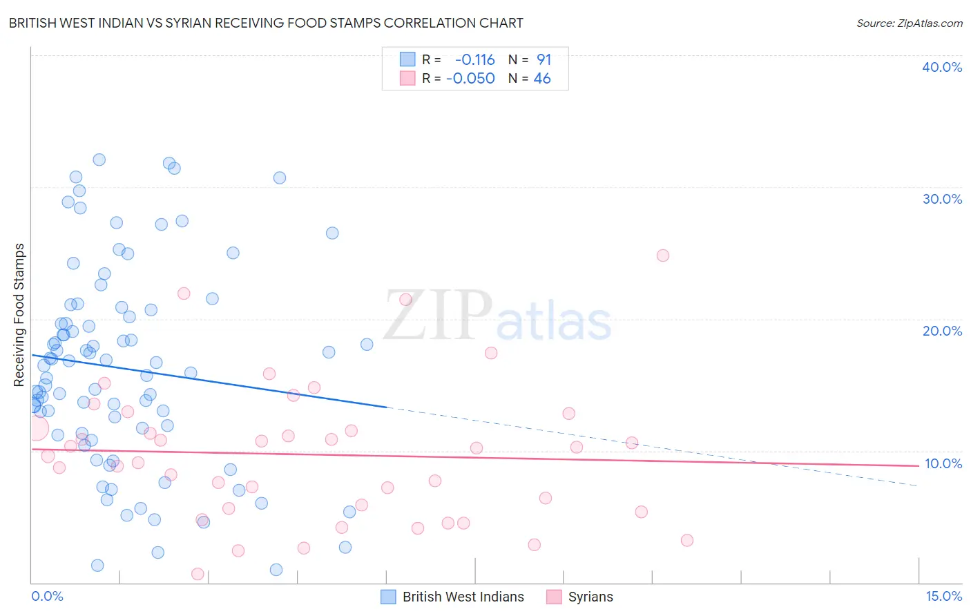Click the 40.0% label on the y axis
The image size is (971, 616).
tap(941, 67)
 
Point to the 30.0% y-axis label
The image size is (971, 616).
tap(941, 199)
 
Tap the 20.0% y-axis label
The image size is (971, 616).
tap(941, 331)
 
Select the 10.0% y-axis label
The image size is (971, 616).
tap(943, 463)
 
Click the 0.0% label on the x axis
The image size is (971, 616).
tap(47, 596)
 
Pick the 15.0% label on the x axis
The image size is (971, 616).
tap(943, 596)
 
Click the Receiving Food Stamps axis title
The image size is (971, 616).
tap(19, 315)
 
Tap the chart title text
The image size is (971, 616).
tap(266, 23)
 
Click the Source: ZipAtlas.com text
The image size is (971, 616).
tap(909, 23)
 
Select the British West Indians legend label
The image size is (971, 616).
tap(463, 597)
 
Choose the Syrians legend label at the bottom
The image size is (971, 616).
tap(590, 597)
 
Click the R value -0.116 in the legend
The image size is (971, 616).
tap(474, 60)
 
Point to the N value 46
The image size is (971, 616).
tap(542, 79)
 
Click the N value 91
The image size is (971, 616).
tap(544, 60)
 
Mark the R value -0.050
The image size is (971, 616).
tap(470, 79)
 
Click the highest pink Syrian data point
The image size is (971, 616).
tap(662, 256)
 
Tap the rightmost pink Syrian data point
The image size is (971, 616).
tap(686, 540)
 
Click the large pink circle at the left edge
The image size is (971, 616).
tap(37, 428)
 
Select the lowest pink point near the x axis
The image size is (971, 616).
tap(198, 574)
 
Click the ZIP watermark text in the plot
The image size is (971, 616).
tap(437, 316)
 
